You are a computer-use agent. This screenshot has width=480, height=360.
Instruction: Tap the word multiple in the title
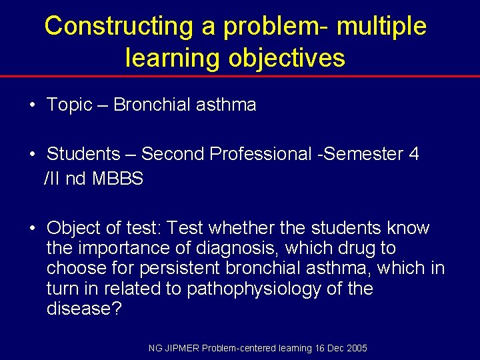tap(381, 27)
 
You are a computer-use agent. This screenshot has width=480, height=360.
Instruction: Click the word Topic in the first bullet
tap(69, 105)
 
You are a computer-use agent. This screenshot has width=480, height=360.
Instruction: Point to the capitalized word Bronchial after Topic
tap(152, 105)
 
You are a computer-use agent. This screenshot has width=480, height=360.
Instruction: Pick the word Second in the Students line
tap(173, 154)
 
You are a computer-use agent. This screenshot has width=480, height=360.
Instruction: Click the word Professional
tap(260, 154)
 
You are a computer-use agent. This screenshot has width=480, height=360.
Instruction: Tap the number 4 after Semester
tap(414, 154)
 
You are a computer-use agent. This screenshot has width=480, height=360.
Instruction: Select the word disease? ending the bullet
tap(84, 309)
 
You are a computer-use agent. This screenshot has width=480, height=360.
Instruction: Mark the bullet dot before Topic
tap(33, 105)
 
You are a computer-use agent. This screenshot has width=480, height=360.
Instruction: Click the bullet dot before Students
tap(33, 155)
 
